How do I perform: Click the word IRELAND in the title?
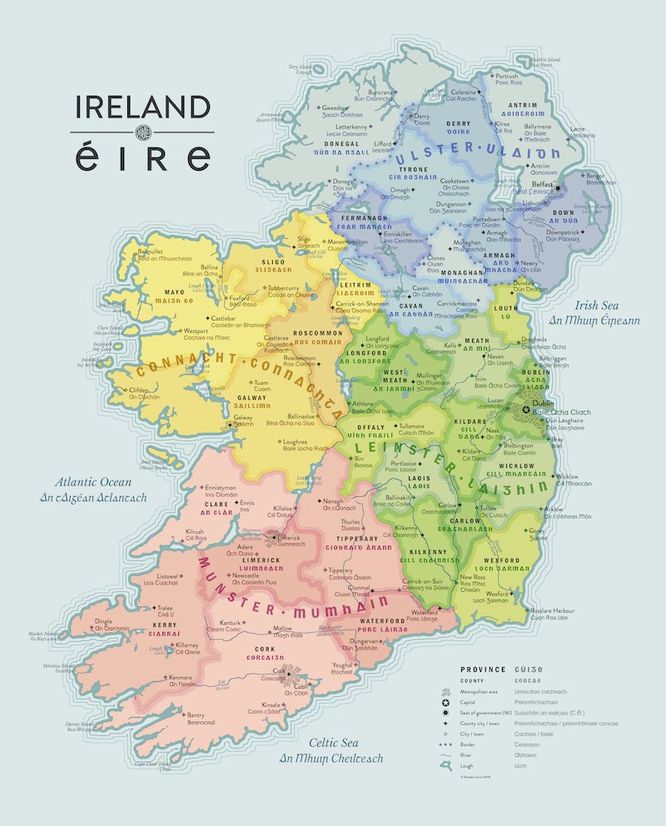point(142,108)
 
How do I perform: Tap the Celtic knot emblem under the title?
point(142,132)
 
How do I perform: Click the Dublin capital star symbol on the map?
point(525,410)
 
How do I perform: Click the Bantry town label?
point(196,714)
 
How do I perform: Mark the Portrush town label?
point(507,76)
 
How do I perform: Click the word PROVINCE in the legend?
point(483,669)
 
